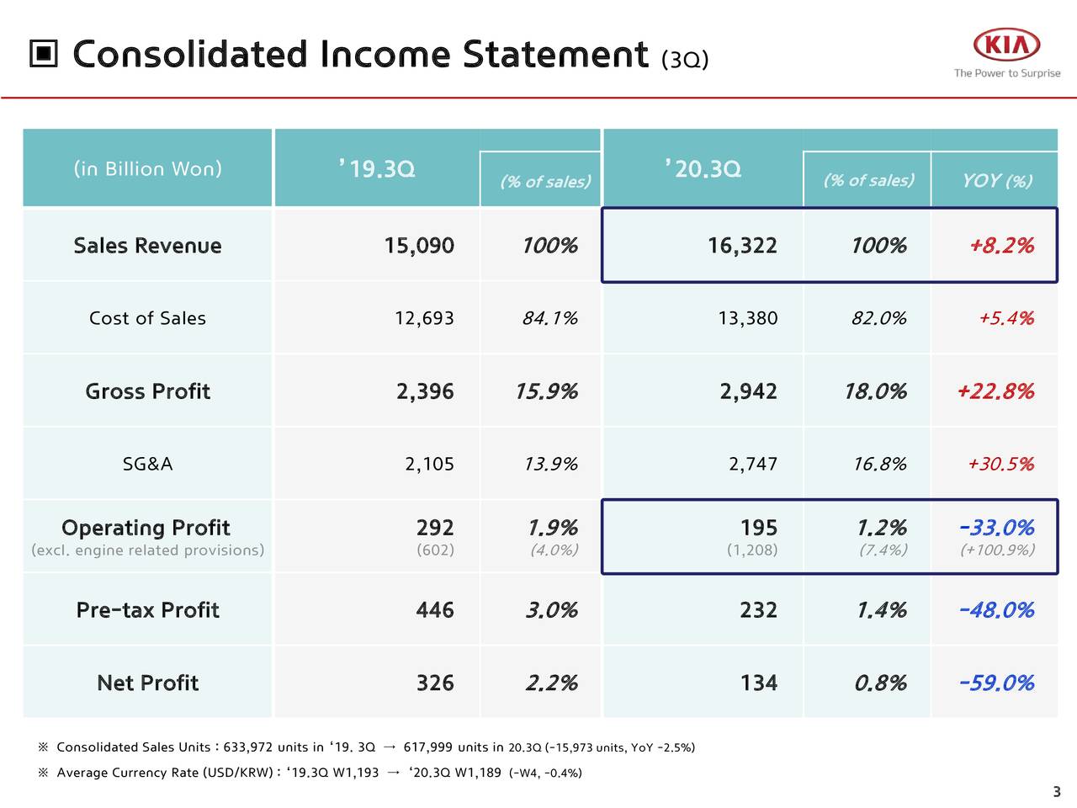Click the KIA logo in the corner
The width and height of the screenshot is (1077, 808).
point(1006,45)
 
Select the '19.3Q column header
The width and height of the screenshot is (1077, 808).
point(377,169)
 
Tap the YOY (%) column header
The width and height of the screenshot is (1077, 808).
point(996,181)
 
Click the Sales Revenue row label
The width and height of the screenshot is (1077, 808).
point(147,246)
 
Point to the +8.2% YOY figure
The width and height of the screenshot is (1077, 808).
point(1000,246)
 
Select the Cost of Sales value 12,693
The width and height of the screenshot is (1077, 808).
point(424,318)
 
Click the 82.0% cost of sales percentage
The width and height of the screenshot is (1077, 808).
point(878,318)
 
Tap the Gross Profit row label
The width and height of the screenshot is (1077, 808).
point(147,391)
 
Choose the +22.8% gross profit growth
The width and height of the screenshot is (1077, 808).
point(995,391)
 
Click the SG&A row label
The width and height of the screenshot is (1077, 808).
point(147,464)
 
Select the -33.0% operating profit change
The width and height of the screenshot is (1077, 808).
point(996,528)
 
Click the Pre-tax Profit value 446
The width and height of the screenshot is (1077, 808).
point(434,610)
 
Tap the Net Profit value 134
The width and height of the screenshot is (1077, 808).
point(758,683)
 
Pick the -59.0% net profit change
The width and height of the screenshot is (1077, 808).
point(996,683)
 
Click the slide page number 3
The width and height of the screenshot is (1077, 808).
point(1057,791)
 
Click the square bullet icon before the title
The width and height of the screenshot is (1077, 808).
point(44,56)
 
